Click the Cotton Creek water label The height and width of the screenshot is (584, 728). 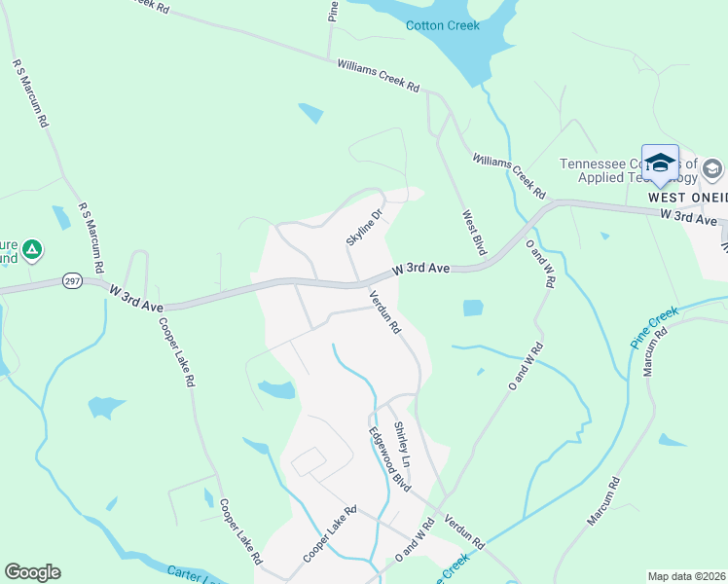tap(442, 26)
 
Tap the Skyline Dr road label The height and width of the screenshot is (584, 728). tap(366, 225)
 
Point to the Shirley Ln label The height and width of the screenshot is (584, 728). tap(402, 443)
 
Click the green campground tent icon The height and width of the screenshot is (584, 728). tap(32, 250)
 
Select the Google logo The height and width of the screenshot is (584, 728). tap(32, 572)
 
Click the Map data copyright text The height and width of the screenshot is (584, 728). tap(686, 576)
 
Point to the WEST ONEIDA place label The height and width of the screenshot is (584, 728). tap(687, 197)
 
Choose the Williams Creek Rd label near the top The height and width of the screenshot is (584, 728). tap(378, 75)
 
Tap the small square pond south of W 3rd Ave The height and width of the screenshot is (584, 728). tap(473, 309)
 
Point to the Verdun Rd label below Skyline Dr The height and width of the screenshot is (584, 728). tap(384, 312)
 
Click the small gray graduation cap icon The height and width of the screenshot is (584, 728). tap(711, 170)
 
